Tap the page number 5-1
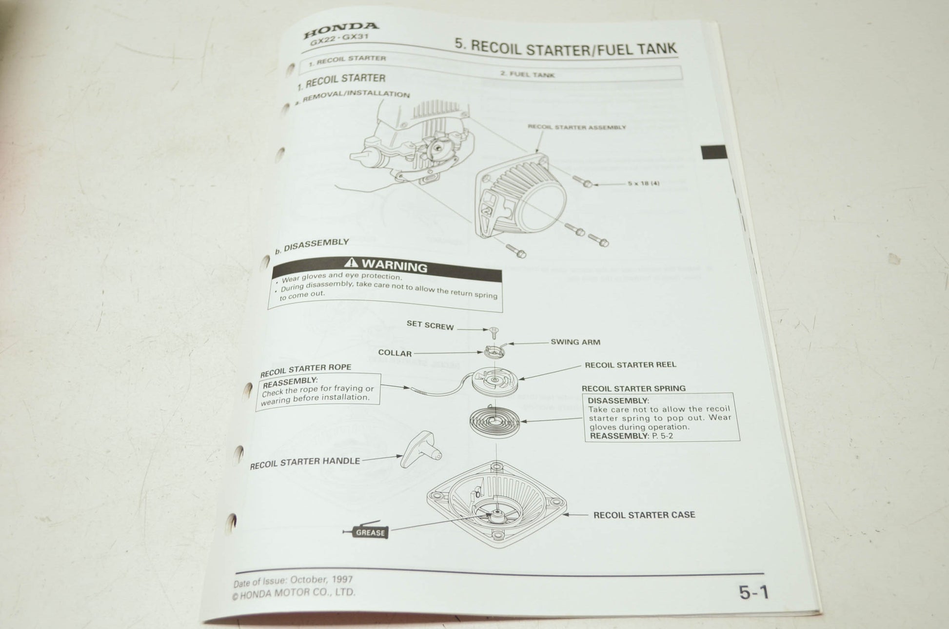[x=753, y=592]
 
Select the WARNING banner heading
[x=386, y=265]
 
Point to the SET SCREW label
[x=430, y=325]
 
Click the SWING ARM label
[x=575, y=342]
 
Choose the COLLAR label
[x=395, y=353]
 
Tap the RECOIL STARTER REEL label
[x=630, y=365]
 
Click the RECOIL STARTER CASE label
[x=644, y=515]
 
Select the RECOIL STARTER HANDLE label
[x=305, y=462]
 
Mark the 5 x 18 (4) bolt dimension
[x=644, y=183]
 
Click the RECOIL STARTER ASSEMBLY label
[x=576, y=127]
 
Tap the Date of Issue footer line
[x=293, y=581]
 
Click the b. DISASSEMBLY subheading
[x=312, y=245]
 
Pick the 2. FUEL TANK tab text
[x=527, y=74]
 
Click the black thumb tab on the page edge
[x=713, y=152]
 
